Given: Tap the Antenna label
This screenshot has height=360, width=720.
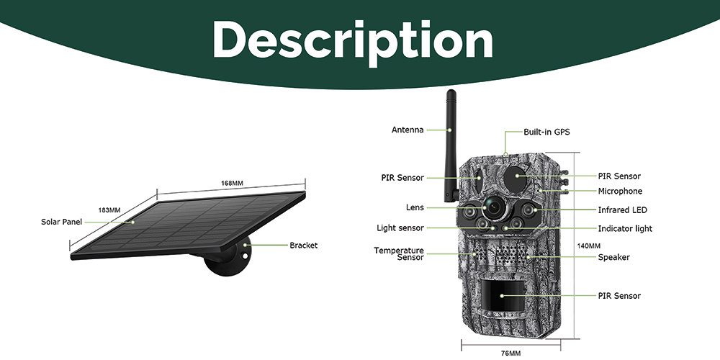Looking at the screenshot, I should point(408,130).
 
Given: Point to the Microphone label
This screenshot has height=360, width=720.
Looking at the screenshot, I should point(620,192).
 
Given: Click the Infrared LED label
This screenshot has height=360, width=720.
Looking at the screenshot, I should point(622,210).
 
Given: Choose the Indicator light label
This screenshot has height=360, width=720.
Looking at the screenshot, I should point(625,229).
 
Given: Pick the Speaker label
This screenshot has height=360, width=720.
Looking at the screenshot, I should point(613,257).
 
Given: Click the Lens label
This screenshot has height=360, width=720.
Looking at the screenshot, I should point(415,207).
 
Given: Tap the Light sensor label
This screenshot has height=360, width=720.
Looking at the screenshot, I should point(400,228).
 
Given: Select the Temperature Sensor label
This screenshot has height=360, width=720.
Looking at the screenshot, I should point(399,253).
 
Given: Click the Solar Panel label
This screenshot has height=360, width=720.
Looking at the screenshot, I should point(62,222).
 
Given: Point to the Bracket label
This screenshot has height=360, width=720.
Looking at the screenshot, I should point(303,246).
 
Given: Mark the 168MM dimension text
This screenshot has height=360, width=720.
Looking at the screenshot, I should point(232,184).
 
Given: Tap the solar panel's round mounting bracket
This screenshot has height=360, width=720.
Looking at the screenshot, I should point(228,262).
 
